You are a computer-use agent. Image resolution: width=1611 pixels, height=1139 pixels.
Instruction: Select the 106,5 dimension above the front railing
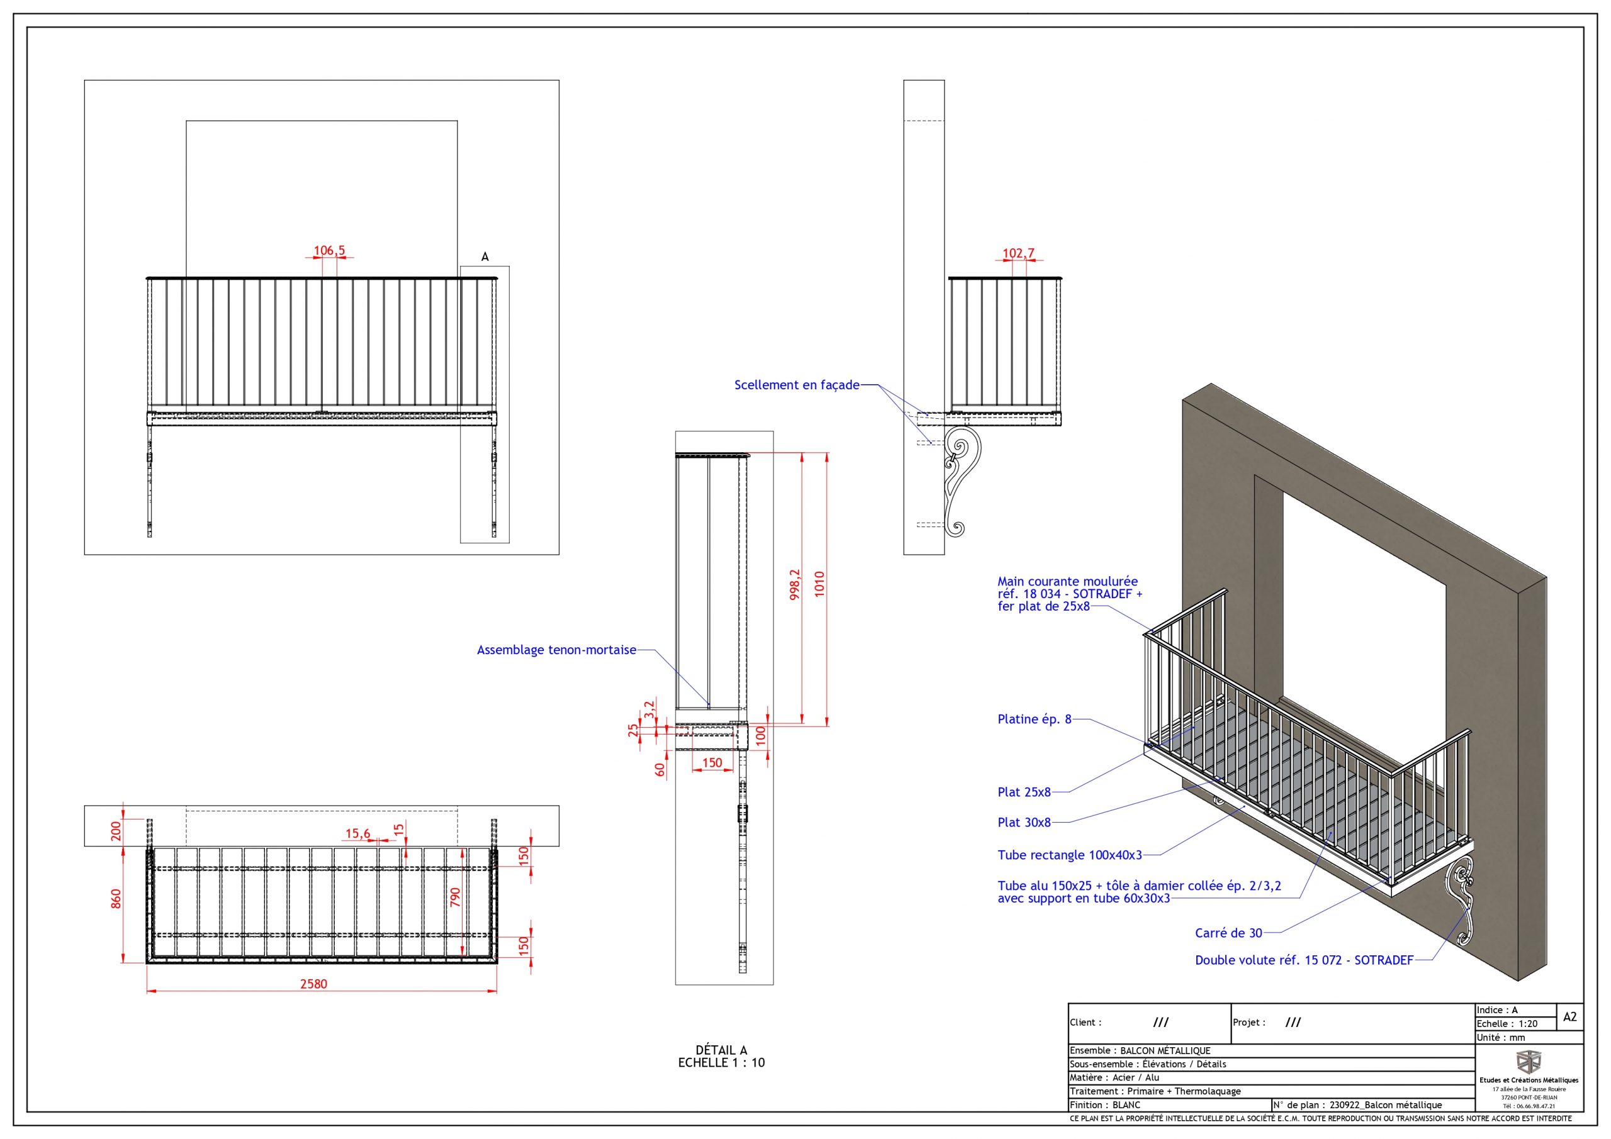coord(329,250)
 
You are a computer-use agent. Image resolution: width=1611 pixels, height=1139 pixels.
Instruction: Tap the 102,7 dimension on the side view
coord(1018,253)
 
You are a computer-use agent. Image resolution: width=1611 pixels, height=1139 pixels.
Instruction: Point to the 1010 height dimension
coord(819,584)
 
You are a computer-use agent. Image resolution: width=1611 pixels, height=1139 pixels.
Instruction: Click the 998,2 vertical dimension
coord(795,584)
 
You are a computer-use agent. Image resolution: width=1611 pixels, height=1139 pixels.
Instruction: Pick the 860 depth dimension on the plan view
coord(116,899)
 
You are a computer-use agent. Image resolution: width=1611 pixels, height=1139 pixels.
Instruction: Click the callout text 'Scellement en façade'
coord(797,385)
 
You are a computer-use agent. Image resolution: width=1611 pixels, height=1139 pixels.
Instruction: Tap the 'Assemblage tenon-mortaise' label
coord(556,650)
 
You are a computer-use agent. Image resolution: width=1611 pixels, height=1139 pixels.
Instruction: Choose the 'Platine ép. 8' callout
coord(1034,719)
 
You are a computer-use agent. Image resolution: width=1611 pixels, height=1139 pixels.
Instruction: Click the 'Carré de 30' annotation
coord(1228,933)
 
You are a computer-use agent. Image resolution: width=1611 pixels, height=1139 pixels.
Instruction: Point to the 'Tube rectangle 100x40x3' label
coord(1069,855)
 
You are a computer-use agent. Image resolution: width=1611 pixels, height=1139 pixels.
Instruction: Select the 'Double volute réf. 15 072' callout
coord(1304,960)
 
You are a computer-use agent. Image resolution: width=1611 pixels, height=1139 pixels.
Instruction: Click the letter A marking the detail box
coord(485,257)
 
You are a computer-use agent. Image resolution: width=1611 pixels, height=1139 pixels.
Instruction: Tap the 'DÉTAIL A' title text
coord(721,1050)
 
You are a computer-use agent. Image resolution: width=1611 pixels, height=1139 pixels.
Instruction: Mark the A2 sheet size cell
coord(1569,1016)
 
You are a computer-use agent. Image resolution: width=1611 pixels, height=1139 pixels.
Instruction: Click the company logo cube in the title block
coord(1528,1062)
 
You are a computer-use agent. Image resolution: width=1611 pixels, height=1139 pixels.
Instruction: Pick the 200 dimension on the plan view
coord(116,831)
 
